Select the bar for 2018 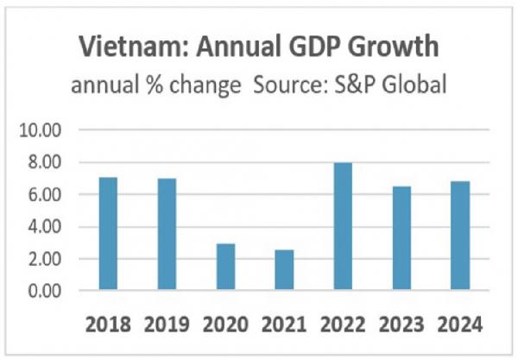[107, 234]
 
